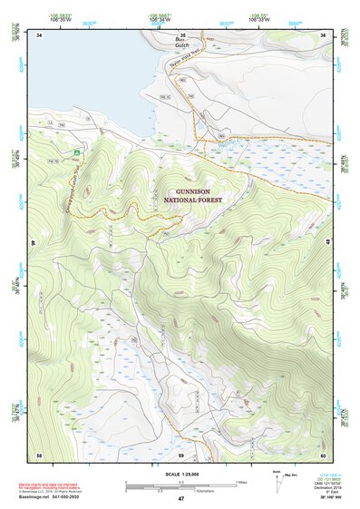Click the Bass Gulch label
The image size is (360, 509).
click(x=182, y=41)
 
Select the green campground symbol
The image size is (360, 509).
click(x=78, y=154)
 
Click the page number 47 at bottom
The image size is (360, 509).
click(x=180, y=499)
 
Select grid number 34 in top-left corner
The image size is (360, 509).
click(x=40, y=35)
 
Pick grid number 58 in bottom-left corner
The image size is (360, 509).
click(x=39, y=454)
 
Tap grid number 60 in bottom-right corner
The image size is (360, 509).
click(x=322, y=454)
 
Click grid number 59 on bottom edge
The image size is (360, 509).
click(x=180, y=454)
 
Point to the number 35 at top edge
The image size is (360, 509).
click(x=180, y=34)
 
